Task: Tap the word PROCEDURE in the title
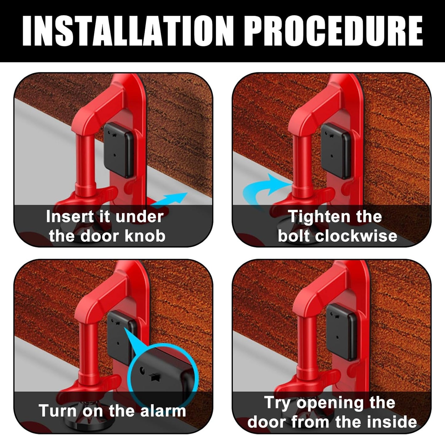(x=335, y=31)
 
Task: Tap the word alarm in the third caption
(x=163, y=411)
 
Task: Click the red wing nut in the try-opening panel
(x=305, y=380)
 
